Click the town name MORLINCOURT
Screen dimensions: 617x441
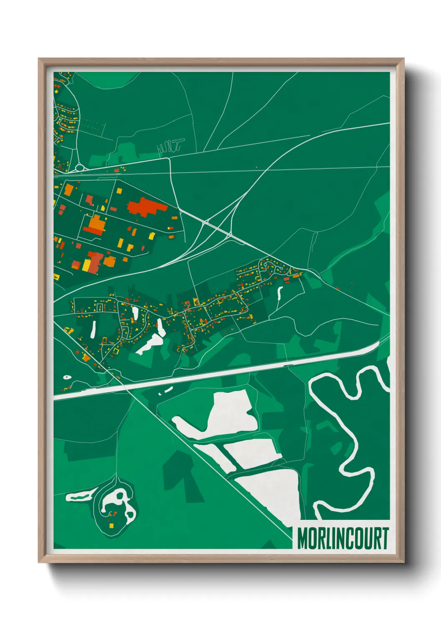(x=343, y=539)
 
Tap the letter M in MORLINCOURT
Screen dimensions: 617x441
(x=303, y=539)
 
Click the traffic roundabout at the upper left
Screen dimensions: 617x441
(x=79, y=168)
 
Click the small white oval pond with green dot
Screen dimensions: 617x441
(x=67, y=378)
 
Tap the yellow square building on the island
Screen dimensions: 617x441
(x=111, y=526)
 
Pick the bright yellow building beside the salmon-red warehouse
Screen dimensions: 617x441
(x=87, y=265)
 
